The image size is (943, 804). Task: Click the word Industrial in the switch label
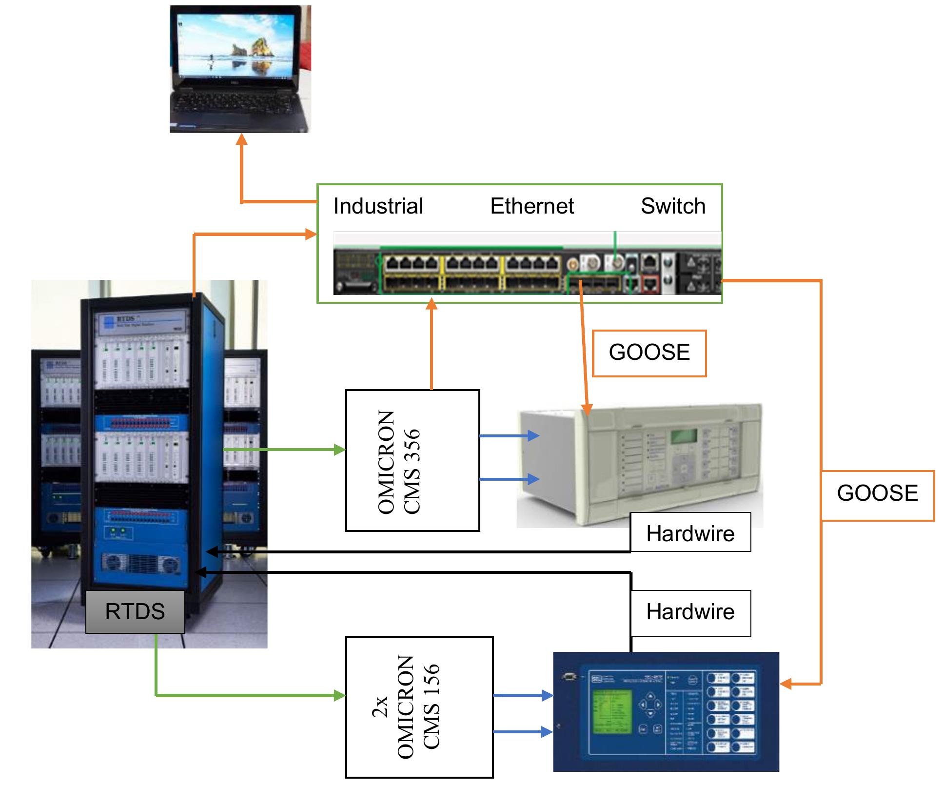coord(378,206)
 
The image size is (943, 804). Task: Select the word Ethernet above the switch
coord(531,206)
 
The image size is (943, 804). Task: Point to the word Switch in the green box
coord(673,206)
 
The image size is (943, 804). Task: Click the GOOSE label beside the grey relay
coord(649,353)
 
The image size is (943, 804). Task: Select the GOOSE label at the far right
coord(877,494)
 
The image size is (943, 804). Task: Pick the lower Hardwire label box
coord(690,612)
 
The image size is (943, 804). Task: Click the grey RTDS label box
coord(135,611)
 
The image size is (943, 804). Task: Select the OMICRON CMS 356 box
coord(413,460)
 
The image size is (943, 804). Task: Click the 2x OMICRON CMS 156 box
coord(419,706)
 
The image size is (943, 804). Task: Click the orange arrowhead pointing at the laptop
coord(241,139)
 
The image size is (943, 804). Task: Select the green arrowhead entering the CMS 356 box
coord(339,450)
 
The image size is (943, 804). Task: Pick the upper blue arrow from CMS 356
coord(510,435)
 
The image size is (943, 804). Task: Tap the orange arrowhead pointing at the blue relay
coord(786,684)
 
